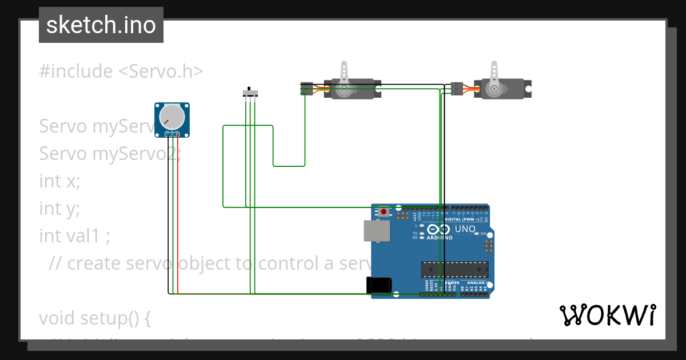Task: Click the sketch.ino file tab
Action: tap(101, 25)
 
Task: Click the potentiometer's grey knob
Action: tap(171, 117)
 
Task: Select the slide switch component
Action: tap(250, 93)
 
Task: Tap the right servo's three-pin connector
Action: tap(456, 89)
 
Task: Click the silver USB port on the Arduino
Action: tap(377, 231)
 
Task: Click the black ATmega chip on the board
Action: tap(455, 269)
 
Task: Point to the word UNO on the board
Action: tap(465, 229)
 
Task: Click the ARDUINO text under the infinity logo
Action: tap(440, 237)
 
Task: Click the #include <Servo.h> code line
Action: tap(121, 71)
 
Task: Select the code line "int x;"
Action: tap(60, 181)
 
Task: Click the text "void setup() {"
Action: tap(95, 318)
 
